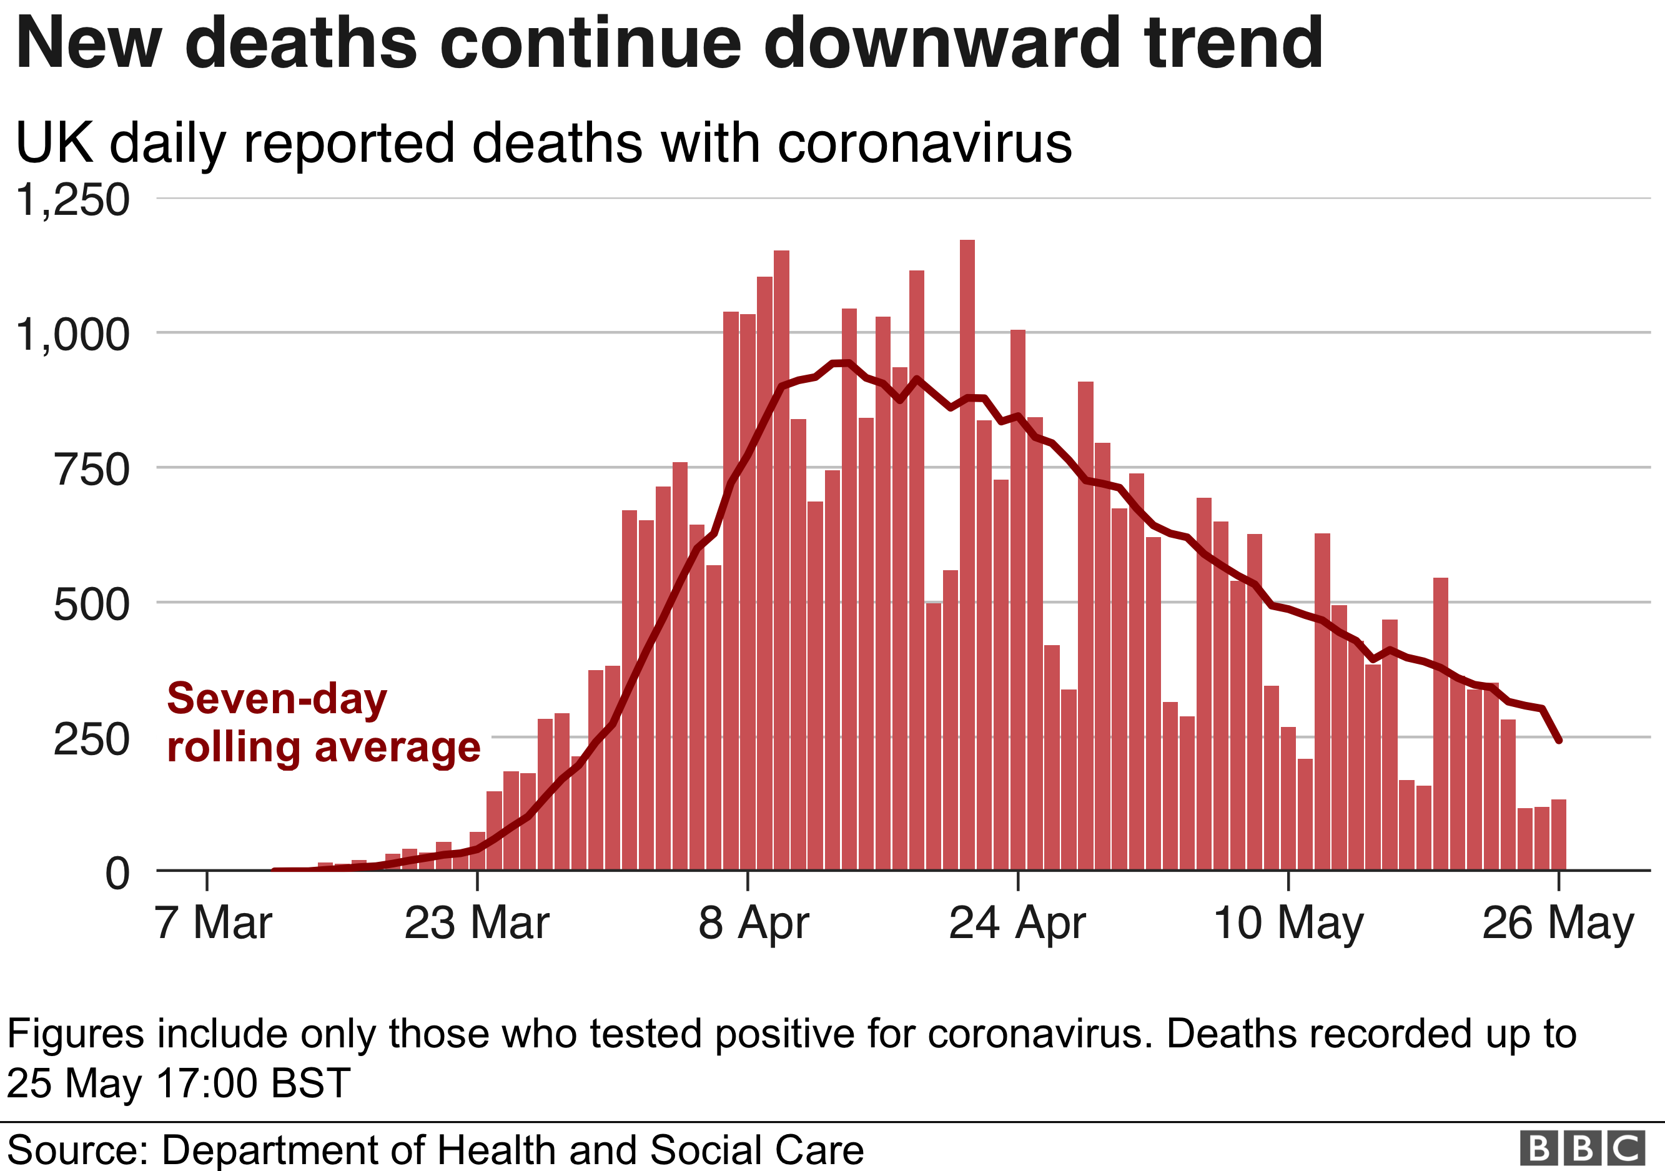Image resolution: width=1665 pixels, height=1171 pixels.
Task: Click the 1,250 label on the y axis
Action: coord(72,199)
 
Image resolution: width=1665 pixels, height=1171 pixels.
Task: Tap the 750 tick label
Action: coord(92,470)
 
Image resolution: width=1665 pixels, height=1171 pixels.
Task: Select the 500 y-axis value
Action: coord(92,605)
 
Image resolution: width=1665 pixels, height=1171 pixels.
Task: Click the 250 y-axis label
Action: coord(92,739)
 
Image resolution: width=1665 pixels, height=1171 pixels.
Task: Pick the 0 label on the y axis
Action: coord(117,873)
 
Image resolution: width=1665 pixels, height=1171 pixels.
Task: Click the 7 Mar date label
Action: coord(213,923)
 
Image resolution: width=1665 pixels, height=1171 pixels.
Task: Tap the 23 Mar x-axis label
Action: coord(477,923)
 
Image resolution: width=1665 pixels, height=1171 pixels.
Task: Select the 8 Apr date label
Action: coord(753,923)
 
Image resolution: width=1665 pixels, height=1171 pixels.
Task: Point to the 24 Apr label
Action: coord(1017,923)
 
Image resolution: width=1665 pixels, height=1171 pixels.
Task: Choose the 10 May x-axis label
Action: coord(1288,923)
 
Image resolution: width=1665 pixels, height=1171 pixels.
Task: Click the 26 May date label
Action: coord(1558,923)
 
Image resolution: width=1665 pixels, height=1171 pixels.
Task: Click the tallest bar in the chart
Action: coord(967,555)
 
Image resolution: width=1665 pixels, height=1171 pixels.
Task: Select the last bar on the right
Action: coord(1558,834)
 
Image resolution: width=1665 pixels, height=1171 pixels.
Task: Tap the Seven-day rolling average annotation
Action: coord(324,723)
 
